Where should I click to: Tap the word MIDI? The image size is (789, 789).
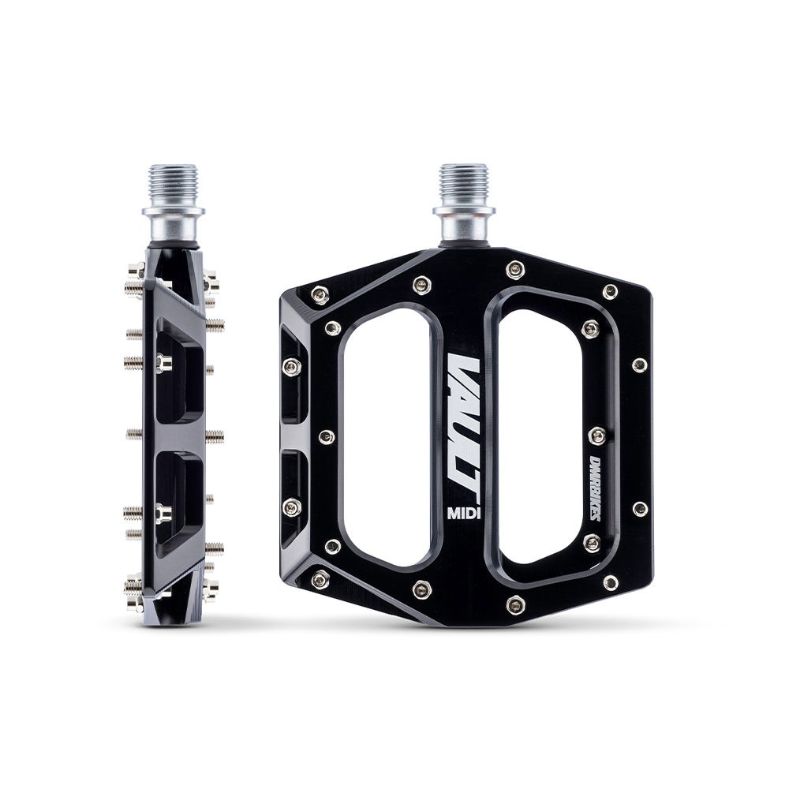[x=466, y=510]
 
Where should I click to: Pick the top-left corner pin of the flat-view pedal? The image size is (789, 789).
[x=320, y=294]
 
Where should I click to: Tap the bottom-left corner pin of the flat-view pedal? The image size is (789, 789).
[x=320, y=580]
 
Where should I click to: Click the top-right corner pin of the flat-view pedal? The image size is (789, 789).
[x=610, y=291]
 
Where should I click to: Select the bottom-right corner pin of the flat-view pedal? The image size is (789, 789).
[x=610, y=583]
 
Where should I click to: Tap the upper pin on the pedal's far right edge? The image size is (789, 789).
[x=640, y=365]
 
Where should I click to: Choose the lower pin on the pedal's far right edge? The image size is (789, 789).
[x=640, y=509]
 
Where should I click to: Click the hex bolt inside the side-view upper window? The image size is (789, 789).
[x=163, y=362]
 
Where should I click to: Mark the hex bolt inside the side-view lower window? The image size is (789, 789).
[x=163, y=514]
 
